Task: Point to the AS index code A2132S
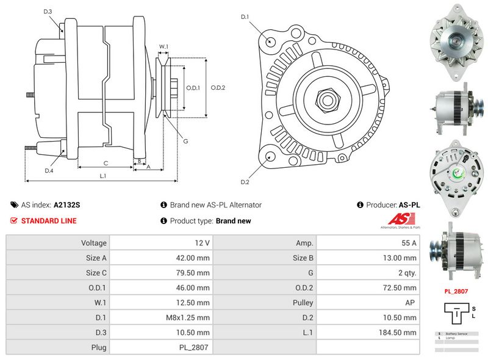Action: (x=66, y=206)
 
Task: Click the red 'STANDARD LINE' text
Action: (x=49, y=221)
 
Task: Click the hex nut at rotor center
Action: (x=326, y=99)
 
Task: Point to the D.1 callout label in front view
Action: (x=245, y=17)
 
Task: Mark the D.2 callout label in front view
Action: (x=245, y=182)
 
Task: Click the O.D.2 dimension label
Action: (x=218, y=87)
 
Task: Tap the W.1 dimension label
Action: (x=163, y=46)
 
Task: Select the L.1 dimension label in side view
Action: (x=103, y=176)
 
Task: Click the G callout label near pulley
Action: (x=185, y=141)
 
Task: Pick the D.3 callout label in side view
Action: (x=48, y=12)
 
